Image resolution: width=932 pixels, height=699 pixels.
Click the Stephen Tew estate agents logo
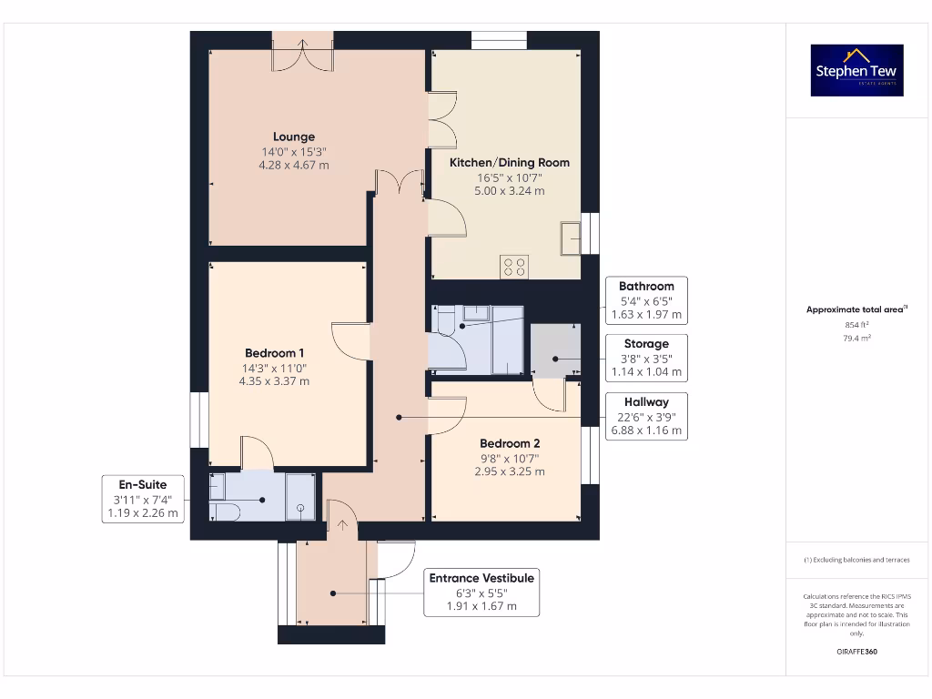pos(856,70)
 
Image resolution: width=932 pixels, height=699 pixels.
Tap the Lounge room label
pos(294,137)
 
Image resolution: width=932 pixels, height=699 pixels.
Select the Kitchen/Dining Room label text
pos(510,163)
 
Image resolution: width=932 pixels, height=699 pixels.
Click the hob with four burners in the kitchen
pos(514,268)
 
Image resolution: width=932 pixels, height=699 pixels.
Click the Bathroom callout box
pos(646,300)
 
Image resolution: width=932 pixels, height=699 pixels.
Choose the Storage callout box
pos(646,358)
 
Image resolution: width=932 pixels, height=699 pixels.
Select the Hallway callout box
pos(646,416)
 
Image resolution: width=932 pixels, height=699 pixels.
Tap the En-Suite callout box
pos(143,499)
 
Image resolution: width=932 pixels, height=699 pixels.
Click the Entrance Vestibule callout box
pos(481,593)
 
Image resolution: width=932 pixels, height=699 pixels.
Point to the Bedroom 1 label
pos(274,353)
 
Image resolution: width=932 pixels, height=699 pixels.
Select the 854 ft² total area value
pos(856,324)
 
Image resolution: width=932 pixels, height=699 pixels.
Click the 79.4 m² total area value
pos(856,338)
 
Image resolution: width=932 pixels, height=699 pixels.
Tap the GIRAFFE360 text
pos(856,652)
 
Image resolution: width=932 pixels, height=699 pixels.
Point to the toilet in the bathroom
pos(446,321)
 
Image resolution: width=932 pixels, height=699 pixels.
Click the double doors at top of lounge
pos(302,53)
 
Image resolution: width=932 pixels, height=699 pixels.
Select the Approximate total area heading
pos(856,309)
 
